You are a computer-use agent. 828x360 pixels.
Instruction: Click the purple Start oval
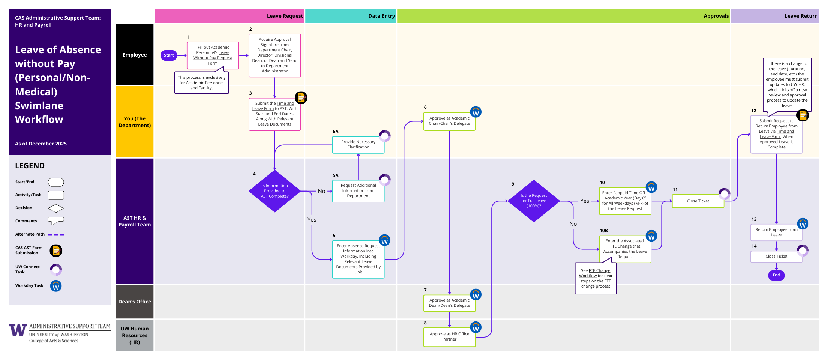pos(169,55)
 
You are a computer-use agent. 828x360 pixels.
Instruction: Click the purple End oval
pos(776,275)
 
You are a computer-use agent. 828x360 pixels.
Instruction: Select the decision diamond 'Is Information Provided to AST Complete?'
pos(274,191)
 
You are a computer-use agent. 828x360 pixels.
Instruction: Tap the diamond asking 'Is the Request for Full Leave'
pos(533,201)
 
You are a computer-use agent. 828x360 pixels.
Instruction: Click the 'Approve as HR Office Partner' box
pos(449,337)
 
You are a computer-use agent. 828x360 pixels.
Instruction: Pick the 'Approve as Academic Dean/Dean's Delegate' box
pos(449,303)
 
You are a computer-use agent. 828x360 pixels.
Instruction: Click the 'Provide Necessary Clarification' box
pos(358,145)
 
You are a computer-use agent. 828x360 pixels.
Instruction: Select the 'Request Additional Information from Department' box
pos(358,191)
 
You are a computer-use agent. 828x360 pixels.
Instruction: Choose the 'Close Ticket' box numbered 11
pos(698,201)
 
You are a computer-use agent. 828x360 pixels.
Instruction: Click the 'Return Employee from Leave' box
pos(776,232)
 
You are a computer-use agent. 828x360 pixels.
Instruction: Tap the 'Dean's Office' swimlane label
pos(135,301)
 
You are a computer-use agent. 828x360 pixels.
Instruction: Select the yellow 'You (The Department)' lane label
pos(135,122)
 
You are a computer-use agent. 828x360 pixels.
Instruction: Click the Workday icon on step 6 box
pos(475,112)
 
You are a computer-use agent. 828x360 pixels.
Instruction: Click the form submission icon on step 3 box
pos(301,97)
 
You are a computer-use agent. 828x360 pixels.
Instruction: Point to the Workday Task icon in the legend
pos(56,286)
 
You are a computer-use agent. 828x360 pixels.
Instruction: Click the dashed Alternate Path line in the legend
pos(56,234)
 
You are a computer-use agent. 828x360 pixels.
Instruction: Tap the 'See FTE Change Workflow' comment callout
pos(595,278)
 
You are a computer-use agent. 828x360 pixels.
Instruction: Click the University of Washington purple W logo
pos(18,330)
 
